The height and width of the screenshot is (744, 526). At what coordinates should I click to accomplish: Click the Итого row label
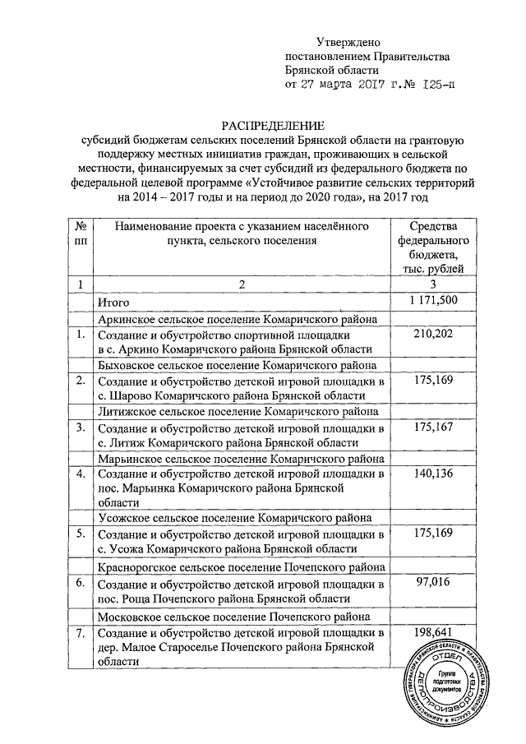pos(114,303)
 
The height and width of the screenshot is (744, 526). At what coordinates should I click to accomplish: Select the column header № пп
pos(81,233)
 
